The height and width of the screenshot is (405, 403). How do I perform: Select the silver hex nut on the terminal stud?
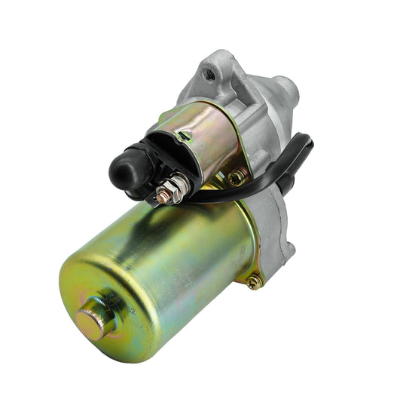(177, 183)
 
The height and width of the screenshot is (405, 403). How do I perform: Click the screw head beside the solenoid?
(237, 177)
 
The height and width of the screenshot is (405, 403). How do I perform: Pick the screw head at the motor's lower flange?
(254, 281)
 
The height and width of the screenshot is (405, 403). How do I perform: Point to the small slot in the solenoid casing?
(183, 136)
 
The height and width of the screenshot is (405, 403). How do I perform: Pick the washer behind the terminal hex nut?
(186, 181)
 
